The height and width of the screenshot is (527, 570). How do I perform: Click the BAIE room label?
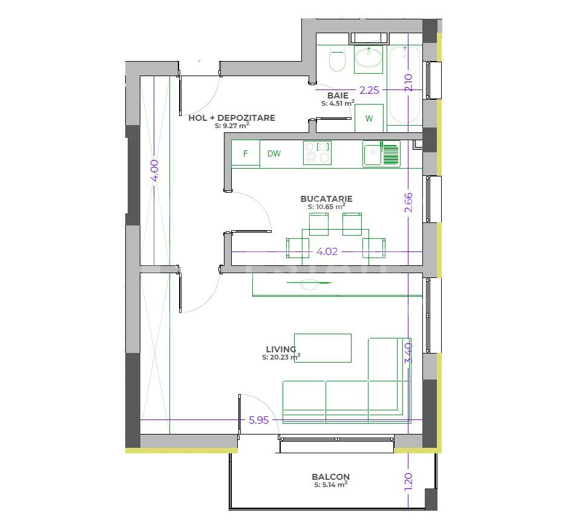click(x=338, y=95)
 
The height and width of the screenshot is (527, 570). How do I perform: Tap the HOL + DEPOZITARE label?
click(x=232, y=118)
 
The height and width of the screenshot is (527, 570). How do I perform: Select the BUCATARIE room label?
click(x=326, y=198)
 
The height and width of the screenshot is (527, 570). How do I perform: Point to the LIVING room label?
click(x=281, y=349)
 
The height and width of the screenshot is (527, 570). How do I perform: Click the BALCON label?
click(x=330, y=476)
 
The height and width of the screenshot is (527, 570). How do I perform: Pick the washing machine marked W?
click(x=369, y=118)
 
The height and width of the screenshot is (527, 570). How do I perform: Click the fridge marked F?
click(x=246, y=154)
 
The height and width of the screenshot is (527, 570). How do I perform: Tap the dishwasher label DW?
click(x=274, y=154)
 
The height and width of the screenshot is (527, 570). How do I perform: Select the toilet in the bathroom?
click(x=337, y=60)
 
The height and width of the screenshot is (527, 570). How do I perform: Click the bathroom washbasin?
click(x=368, y=59)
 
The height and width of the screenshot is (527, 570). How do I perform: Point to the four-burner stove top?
click(x=318, y=153)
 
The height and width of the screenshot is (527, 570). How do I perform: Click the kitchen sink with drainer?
click(x=382, y=153)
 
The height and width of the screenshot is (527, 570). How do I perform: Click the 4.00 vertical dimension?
click(x=154, y=170)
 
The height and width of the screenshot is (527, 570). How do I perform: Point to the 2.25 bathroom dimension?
click(x=369, y=90)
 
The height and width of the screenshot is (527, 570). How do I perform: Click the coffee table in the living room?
click(x=323, y=348)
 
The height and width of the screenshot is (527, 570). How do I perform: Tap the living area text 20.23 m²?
click(x=281, y=357)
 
